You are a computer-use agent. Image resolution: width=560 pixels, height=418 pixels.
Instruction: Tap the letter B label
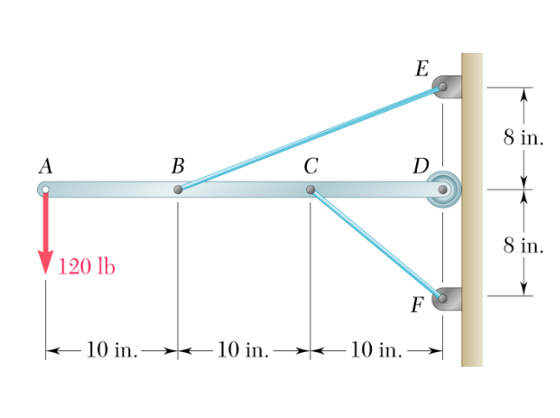click(x=178, y=165)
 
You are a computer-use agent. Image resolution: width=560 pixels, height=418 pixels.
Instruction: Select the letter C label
click(x=309, y=165)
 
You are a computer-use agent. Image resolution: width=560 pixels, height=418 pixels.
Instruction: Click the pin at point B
click(x=178, y=189)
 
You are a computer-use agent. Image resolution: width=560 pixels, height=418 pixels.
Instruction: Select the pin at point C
click(x=310, y=189)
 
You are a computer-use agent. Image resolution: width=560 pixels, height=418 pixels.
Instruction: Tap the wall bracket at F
click(x=446, y=297)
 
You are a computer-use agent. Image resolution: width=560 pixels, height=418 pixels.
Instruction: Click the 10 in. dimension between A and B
click(x=112, y=350)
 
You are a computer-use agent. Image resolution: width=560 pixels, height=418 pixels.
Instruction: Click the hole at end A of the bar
click(x=46, y=189)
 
